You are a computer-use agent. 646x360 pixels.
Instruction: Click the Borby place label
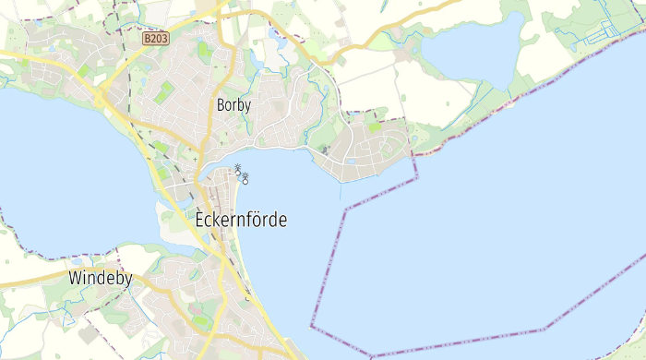(x=233, y=104)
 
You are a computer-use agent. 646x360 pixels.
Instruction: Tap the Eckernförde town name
(x=242, y=221)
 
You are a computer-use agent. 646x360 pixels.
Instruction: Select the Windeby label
(x=101, y=278)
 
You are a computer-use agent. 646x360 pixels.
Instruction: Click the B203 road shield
(x=156, y=39)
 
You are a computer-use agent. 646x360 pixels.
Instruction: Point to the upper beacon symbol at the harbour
(x=237, y=169)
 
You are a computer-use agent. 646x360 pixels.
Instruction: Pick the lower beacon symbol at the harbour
(x=245, y=177)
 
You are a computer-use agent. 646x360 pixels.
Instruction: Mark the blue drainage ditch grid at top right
(x=604, y=32)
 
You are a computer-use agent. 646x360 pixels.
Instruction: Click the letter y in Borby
(x=247, y=106)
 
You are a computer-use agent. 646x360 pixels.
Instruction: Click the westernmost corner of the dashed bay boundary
(x=311, y=325)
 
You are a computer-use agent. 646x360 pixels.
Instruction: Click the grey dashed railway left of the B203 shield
(x=122, y=28)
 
